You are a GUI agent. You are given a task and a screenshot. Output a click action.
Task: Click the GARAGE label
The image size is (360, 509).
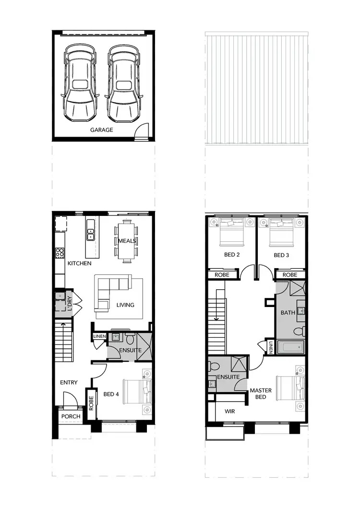coord(102,130)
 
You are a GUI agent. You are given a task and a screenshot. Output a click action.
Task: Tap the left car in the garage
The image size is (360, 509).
coord(80,84)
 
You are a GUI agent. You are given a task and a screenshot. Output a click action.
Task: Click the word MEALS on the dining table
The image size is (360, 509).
coord(127,240)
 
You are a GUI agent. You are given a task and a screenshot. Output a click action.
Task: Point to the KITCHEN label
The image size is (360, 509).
coord(79,263)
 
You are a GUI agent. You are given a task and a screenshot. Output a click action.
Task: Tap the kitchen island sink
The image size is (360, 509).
coord(90,235)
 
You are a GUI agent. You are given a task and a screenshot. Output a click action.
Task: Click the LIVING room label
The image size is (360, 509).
coord(125,305)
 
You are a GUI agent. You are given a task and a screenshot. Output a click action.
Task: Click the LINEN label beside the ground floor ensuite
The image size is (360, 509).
coord(99,337)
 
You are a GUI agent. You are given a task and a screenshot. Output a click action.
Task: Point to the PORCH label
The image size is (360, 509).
coord(71,416)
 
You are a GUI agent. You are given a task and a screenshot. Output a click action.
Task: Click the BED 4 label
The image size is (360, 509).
coord(111,394)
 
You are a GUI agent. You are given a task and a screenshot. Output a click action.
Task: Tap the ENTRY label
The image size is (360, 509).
coord(69,382)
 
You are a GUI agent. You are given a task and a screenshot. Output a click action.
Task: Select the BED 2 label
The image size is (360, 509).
coord(232,255)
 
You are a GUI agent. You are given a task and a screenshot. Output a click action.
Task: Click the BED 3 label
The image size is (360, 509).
coord(281,255)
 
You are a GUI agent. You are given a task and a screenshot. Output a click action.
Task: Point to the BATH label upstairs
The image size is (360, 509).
coord(288,313)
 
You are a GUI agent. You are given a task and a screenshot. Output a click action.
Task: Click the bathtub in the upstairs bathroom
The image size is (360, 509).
coord(290,347)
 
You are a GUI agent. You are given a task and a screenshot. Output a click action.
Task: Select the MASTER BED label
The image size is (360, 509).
coord(261,393)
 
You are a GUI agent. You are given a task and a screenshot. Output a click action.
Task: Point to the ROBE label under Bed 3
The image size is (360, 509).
coord(290,275)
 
